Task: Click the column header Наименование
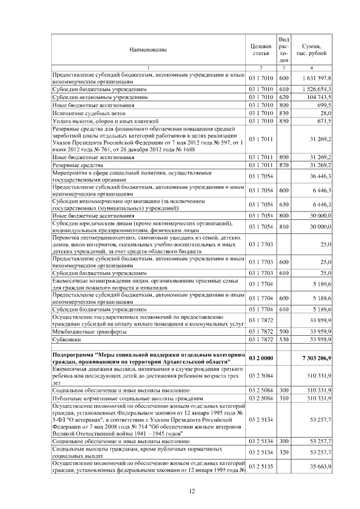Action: [148, 49]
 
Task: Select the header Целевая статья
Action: [261, 49]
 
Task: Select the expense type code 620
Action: [283, 97]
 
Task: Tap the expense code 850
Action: [283, 121]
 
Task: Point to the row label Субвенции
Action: [66, 340]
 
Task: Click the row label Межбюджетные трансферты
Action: [84, 332]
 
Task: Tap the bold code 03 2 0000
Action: [261, 358]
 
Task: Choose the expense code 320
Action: [283, 452]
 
